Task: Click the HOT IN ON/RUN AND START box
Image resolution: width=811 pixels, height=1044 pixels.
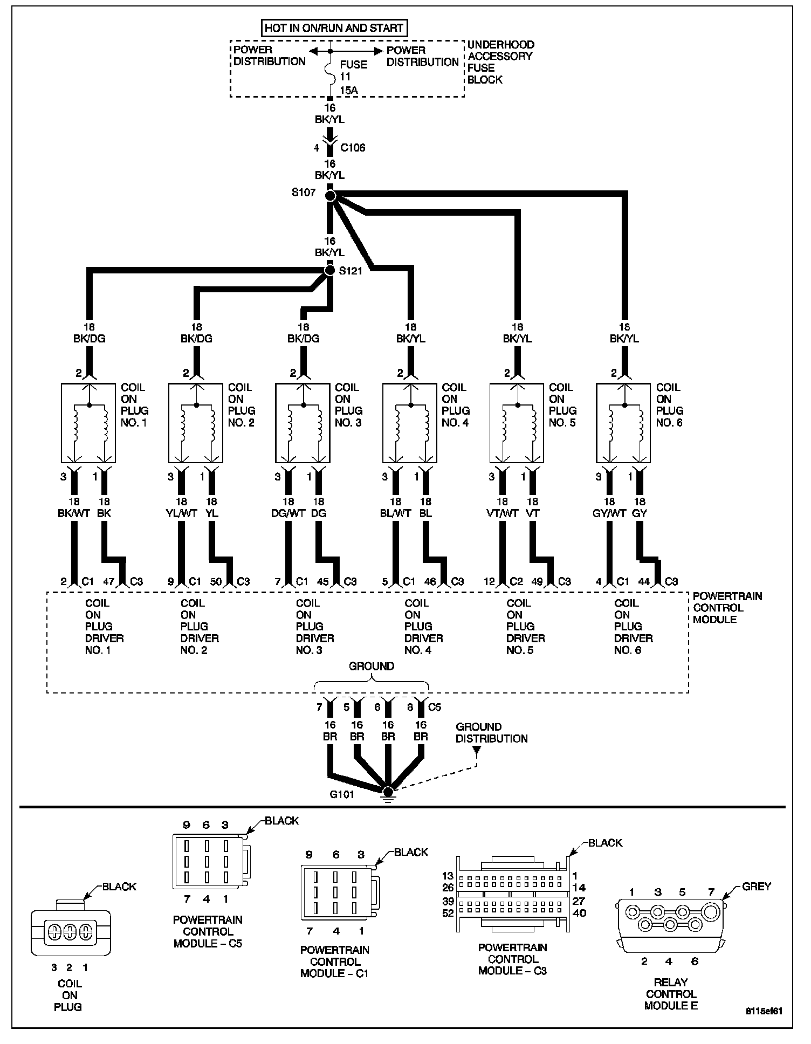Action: pyautogui.click(x=334, y=28)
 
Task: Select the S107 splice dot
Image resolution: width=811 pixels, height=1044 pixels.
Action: pyautogui.click(x=331, y=195)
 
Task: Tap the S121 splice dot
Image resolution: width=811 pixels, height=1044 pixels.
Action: pyautogui.click(x=329, y=270)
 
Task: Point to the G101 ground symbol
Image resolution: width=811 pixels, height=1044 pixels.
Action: pyautogui.click(x=387, y=792)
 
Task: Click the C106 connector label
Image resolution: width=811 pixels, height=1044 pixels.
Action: pyautogui.click(x=353, y=148)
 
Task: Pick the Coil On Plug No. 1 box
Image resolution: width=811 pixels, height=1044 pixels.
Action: pyautogui.click(x=88, y=423)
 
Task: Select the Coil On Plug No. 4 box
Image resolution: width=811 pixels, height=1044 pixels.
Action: pyautogui.click(x=410, y=423)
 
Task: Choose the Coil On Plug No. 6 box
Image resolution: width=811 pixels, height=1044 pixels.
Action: pyautogui.click(x=623, y=423)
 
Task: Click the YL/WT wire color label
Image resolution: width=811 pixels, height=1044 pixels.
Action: pyautogui.click(x=181, y=513)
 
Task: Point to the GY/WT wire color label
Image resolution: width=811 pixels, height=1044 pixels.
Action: pyautogui.click(x=609, y=513)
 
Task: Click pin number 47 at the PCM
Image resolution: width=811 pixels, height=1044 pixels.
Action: pyautogui.click(x=109, y=582)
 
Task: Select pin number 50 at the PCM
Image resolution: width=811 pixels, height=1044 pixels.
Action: pyautogui.click(x=216, y=582)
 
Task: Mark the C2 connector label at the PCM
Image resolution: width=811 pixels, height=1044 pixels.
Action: pyautogui.click(x=517, y=582)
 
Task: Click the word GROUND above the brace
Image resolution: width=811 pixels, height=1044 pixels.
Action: pyautogui.click(x=372, y=667)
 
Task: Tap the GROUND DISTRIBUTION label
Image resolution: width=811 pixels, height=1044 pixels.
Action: pyautogui.click(x=491, y=733)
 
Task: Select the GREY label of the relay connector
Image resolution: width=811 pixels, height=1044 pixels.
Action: pyautogui.click(x=756, y=887)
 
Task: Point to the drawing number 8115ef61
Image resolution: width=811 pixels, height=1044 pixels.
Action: pyautogui.click(x=764, y=1011)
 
